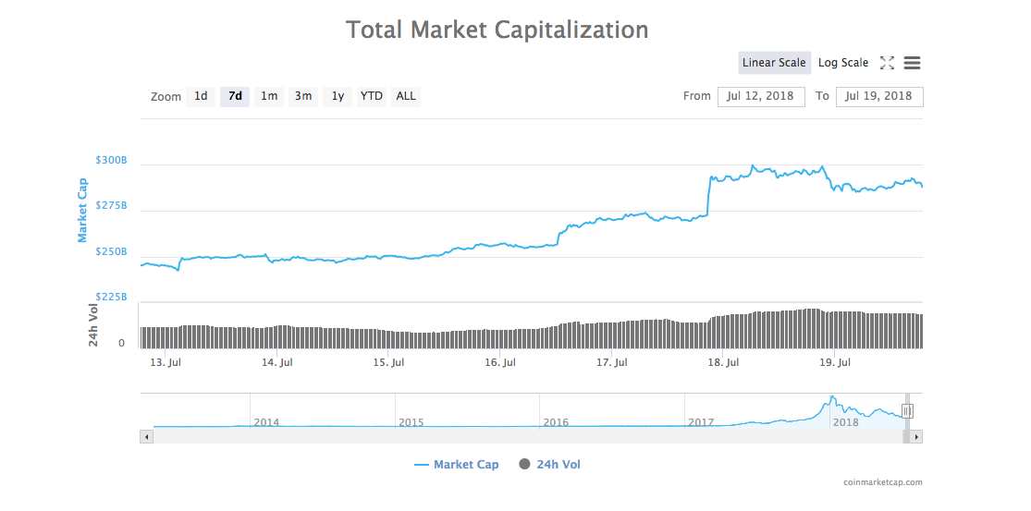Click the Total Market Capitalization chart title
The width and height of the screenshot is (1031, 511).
pyautogui.click(x=497, y=30)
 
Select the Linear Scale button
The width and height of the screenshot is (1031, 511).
pyautogui.click(x=774, y=63)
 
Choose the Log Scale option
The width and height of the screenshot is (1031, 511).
pyautogui.click(x=843, y=63)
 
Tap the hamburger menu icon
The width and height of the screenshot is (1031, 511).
pyautogui.click(x=912, y=63)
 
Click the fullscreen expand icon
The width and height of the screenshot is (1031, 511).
pyautogui.click(x=887, y=63)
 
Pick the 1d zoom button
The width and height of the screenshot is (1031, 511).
pyautogui.click(x=201, y=96)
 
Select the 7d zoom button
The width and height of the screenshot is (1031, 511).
pyautogui.click(x=235, y=96)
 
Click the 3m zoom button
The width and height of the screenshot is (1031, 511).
pyautogui.click(x=303, y=96)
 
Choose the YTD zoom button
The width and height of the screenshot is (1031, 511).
pyautogui.click(x=371, y=96)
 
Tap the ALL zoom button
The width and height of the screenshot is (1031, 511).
pyautogui.click(x=406, y=96)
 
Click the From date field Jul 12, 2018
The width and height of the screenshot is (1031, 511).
pyautogui.click(x=760, y=96)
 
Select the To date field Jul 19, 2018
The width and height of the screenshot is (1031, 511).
pyautogui.click(x=878, y=96)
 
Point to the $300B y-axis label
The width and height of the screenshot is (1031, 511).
pyautogui.click(x=111, y=160)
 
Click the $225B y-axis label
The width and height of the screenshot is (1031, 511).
pyautogui.click(x=111, y=298)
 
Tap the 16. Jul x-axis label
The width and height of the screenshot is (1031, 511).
pyautogui.click(x=499, y=363)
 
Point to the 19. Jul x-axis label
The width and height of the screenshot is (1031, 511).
pyautogui.click(x=834, y=363)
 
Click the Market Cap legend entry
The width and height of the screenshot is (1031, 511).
pyautogui.click(x=457, y=465)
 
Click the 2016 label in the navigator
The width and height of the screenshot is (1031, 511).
pyautogui.click(x=556, y=422)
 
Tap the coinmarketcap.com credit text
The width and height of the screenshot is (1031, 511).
pyautogui.click(x=882, y=482)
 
